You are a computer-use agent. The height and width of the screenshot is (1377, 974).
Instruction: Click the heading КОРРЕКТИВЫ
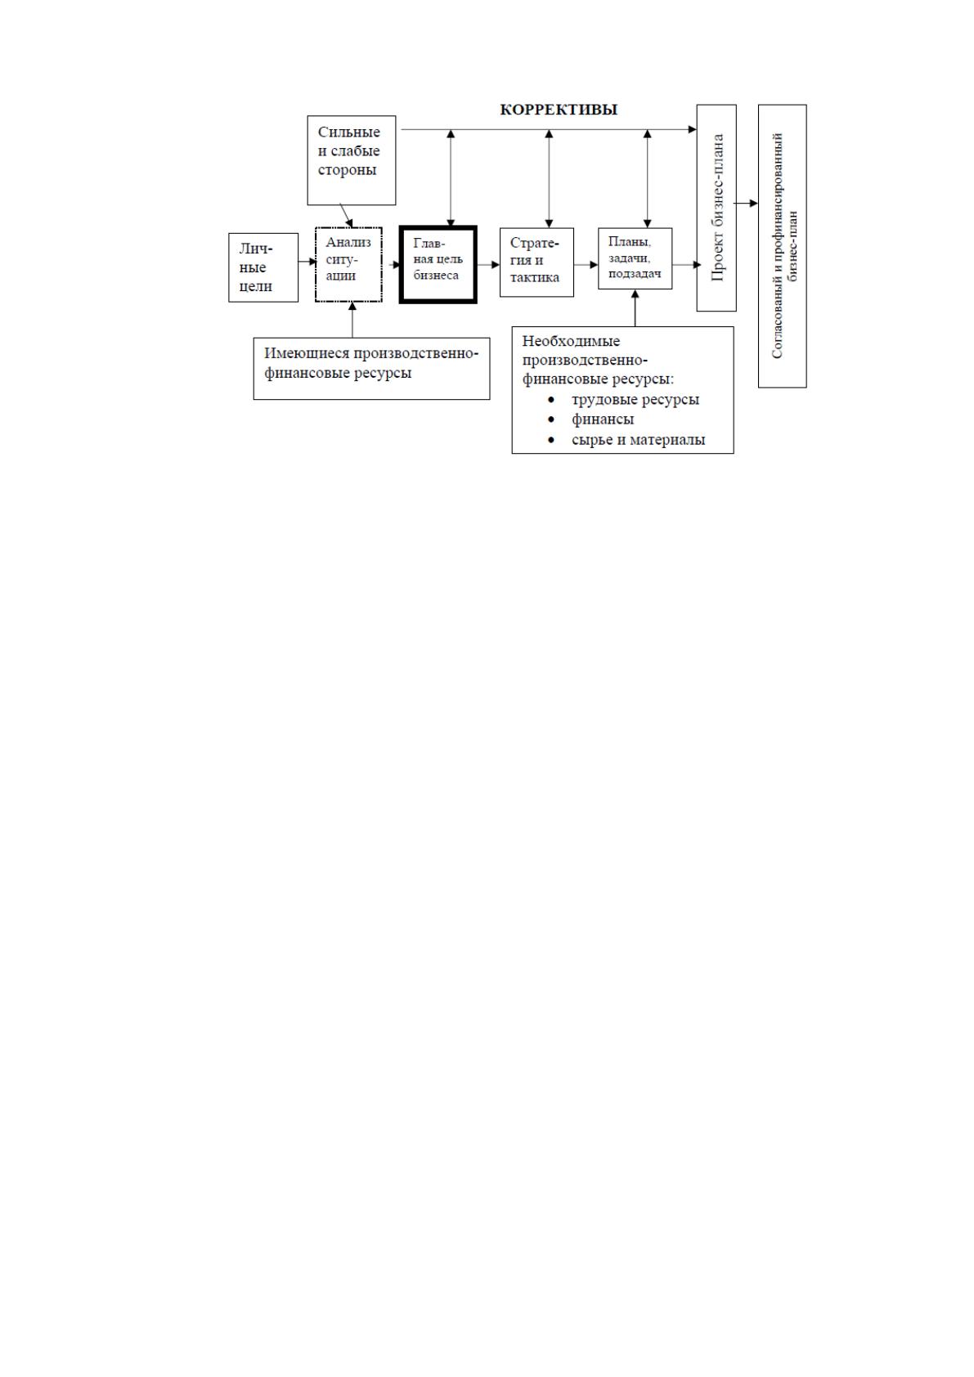pyautogui.click(x=559, y=110)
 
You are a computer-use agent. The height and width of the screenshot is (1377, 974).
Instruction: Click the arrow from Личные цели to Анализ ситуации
pyautogui.click(x=307, y=262)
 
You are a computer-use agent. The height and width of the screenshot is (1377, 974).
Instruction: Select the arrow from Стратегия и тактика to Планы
pyautogui.click(x=586, y=265)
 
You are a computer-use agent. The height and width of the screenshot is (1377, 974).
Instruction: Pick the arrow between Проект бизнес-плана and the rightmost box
pyautogui.click(x=747, y=204)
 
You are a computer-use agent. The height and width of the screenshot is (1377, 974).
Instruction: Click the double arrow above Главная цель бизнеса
pyautogui.click(x=451, y=178)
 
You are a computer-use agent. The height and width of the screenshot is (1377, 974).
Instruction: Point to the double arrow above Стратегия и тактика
pyautogui.click(x=549, y=179)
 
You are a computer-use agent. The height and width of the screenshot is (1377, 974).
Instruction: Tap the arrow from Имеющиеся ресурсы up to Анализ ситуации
pyautogui.click(x=352, y=320)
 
